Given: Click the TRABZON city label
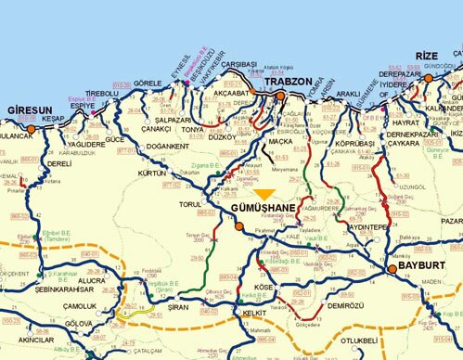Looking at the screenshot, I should (286, 82).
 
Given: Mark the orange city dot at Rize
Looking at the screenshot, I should (429, 79).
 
